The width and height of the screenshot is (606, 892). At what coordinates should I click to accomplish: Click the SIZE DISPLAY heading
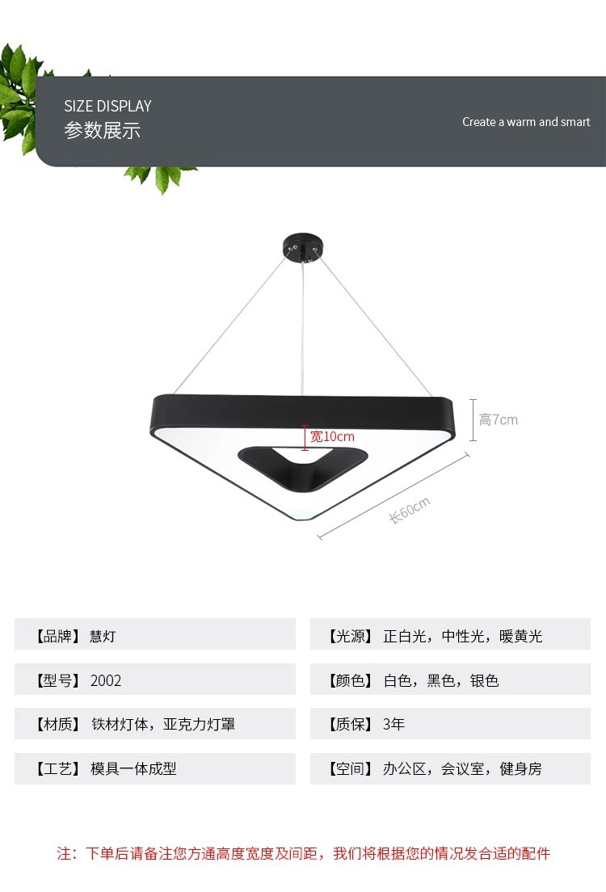click(107, 106)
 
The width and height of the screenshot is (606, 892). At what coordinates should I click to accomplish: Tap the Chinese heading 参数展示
click(102, 131)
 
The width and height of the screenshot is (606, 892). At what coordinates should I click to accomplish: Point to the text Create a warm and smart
click(526, 122)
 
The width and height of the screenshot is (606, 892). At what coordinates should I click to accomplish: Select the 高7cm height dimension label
click(499, 419)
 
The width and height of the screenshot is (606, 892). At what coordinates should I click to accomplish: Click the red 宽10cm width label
click(327, 436)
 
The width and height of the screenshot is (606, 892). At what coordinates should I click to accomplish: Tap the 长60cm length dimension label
click(410, 510)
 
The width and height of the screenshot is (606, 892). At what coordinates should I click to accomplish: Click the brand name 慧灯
click(103, 636)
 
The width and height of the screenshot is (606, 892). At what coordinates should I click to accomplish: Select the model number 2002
click(106, 680)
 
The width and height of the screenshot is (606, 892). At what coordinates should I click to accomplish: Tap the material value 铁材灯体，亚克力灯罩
click(162, 724)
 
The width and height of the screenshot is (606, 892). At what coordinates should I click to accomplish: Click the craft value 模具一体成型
click(133, 768)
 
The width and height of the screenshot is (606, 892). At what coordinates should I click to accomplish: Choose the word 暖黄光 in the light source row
click(521, 636)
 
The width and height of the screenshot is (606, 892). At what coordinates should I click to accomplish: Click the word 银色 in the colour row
click(485, 680)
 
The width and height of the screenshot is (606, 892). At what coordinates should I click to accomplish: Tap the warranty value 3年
click(393, 724)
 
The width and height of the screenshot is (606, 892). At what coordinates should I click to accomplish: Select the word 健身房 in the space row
click(521, 768)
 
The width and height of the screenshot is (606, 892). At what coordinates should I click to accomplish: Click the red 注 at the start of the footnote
click(65, 853)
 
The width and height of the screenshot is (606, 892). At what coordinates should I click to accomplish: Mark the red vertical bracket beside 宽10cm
click(305, 437)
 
